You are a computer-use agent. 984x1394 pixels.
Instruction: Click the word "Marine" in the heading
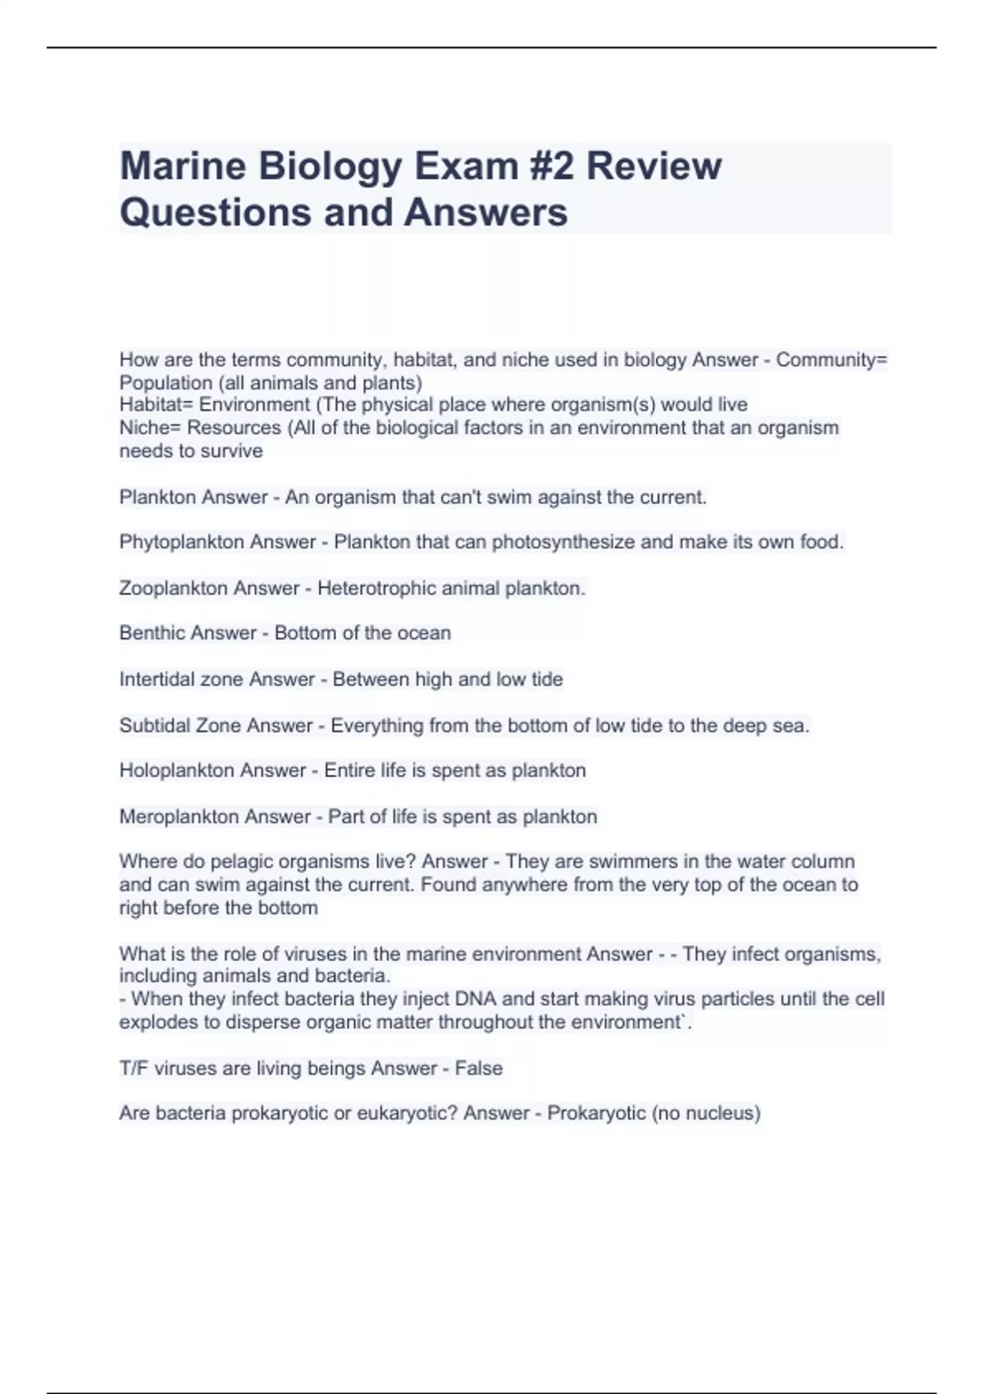183,166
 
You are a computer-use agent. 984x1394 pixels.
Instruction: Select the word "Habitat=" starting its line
157,405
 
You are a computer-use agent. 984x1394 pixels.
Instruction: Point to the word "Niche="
151,428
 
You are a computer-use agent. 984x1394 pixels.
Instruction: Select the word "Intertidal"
159,680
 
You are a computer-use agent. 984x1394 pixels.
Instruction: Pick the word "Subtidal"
156,726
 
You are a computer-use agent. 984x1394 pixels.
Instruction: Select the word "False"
479,1068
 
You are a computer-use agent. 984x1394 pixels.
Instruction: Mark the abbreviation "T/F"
134,1068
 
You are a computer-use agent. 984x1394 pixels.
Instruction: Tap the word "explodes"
155,1023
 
